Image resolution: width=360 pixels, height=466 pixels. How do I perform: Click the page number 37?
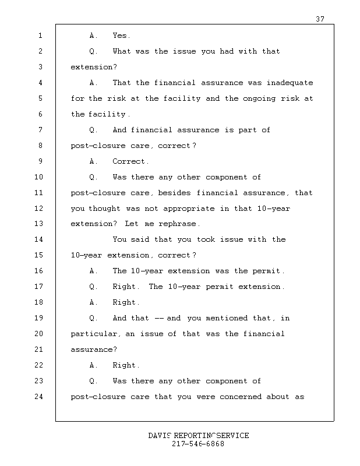(320, 19)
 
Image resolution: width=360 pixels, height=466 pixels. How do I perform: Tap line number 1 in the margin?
(40, 36)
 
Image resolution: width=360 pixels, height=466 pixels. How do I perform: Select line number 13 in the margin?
(40, 224)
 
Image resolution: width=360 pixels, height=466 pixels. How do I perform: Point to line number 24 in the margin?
(40, 397)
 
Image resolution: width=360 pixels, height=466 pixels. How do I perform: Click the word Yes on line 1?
(121, 36)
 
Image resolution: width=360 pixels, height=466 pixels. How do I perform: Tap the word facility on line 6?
(108, 114)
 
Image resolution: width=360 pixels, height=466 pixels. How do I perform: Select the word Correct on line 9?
(130, 161)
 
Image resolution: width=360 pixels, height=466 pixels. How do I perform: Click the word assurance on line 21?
(93, 349)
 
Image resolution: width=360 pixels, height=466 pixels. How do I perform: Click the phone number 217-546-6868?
(198, 444)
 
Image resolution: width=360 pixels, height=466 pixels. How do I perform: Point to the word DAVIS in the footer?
(160, 436)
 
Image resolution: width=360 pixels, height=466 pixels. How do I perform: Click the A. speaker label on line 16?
(93, 271)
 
